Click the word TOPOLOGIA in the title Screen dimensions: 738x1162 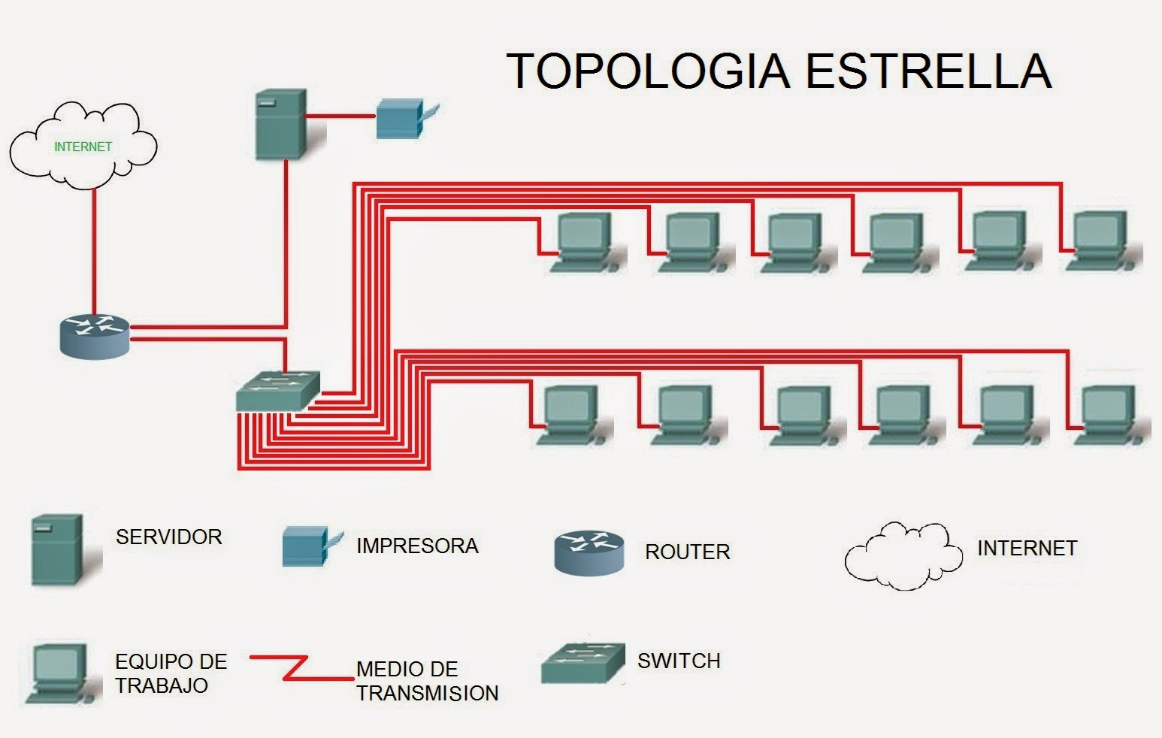pyautogui.click(x=648, y=71)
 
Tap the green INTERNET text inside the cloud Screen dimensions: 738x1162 pyautogui.click(x=83, y=147)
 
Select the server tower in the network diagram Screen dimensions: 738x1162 pyautogui.click(x=281, y=124)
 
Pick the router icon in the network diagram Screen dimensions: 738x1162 pyautogui.click(x=95, y=335)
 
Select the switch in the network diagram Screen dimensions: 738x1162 pyautogui.click(x=277, y=391)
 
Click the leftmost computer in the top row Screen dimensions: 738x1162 pyautogui.click(x=583, y=240)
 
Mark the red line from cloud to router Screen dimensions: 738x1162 pyautogui.click(x=94, y=248)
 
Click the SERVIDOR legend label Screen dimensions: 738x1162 pyautogui.click(x=168, y=537)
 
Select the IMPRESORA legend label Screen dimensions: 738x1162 pyautogui.click(x=417, y=546)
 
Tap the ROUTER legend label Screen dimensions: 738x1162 pyautogui.click(x=687, y=552)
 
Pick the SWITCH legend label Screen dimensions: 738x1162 pyautogui.click(x=679, y=661)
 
